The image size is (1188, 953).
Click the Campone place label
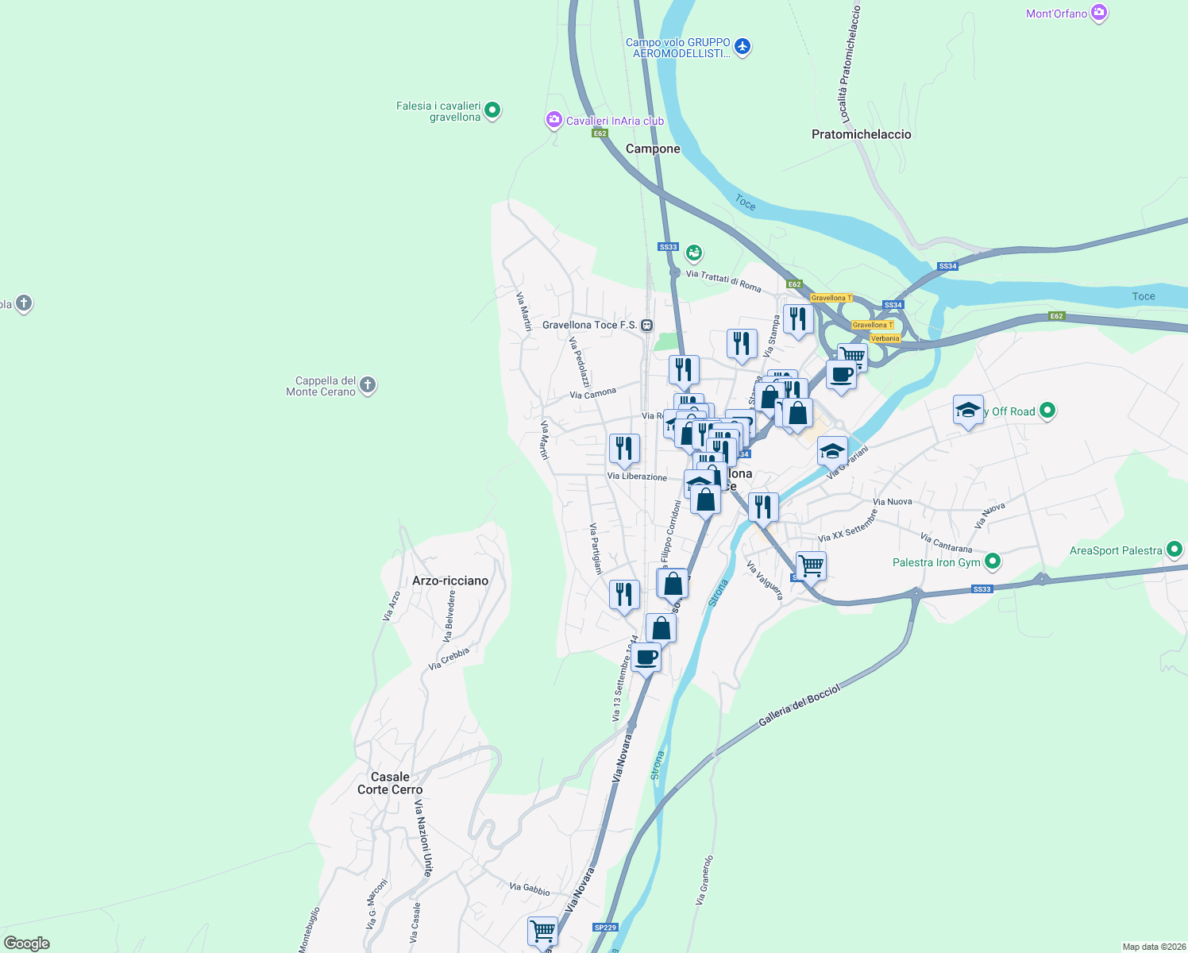(653, 149)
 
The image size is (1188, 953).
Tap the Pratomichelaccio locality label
(861, 134)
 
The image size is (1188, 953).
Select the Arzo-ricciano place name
(450, 581)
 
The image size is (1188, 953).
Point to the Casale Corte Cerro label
(390, 783)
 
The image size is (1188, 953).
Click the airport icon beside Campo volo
(742, 47)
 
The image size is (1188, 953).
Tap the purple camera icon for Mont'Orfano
(1099, 13)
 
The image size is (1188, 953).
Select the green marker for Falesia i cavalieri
(492, 110)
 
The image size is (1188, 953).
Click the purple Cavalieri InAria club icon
(553, 121)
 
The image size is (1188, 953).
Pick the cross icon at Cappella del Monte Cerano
(367, 386)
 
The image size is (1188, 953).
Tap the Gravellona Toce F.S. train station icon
(647, 325)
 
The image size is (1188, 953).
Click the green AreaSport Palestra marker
(1174, 550)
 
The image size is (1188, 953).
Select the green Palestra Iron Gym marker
(992, 562)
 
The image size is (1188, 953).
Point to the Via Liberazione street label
(637, 476)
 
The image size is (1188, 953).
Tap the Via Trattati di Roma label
(723, 280)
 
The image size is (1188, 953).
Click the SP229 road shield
(605, 927)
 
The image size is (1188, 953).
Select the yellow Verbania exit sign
(885, 338)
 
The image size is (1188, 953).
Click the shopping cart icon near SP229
(543, 930)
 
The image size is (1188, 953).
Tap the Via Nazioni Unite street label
(423, 838)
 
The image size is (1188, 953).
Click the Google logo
(27, 943)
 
